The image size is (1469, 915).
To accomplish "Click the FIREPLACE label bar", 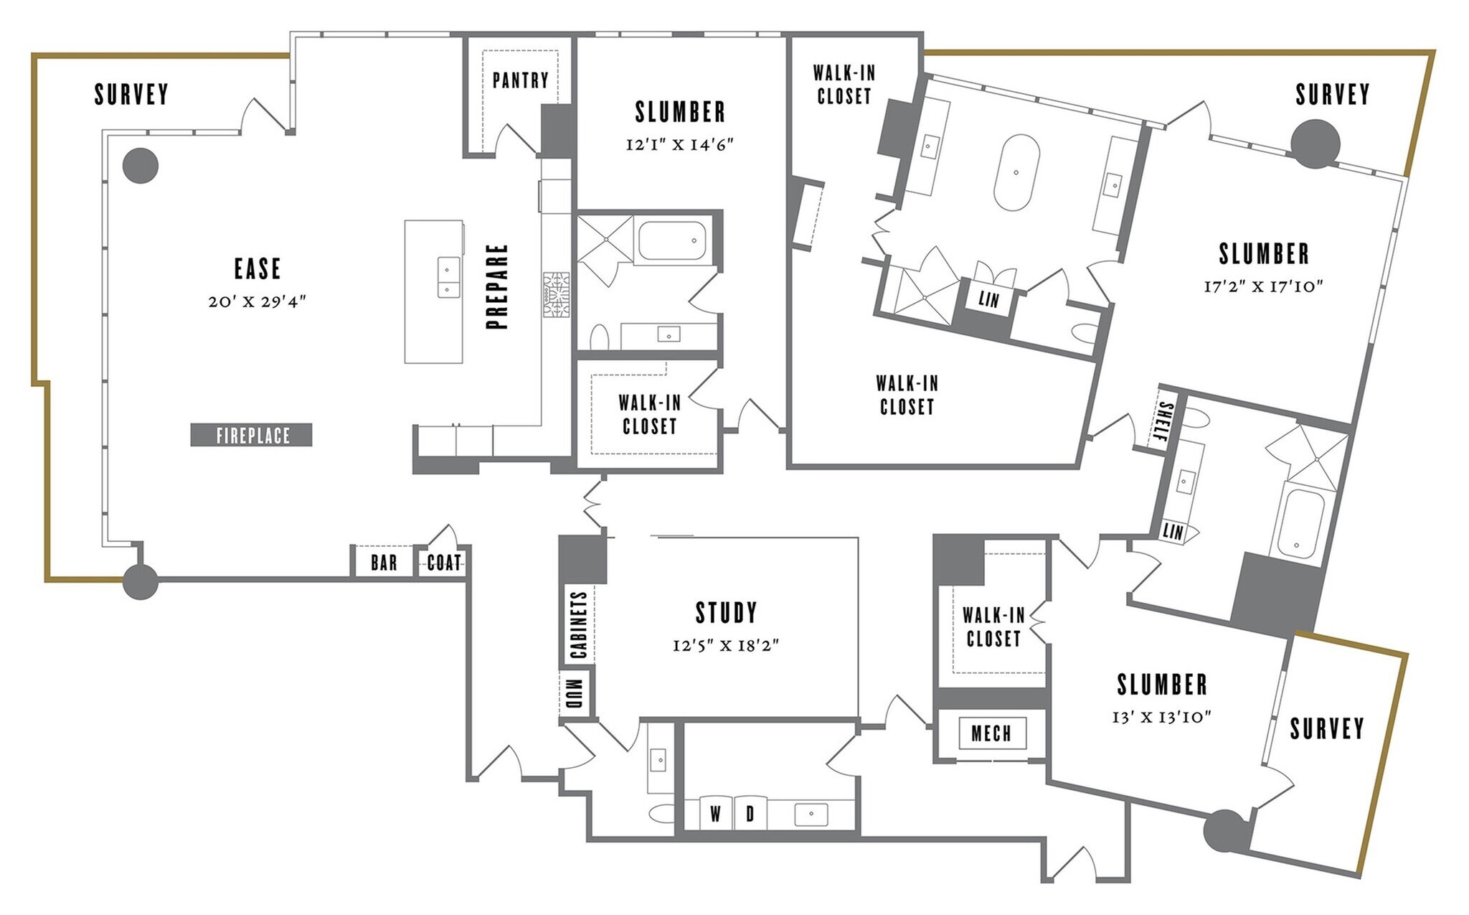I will click(x=251, y=435).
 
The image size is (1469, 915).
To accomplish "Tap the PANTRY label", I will click(x=521, y=80).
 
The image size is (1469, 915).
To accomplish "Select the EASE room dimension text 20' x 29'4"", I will click(x=258, y=302).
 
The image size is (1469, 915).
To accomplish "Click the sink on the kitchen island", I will click(x=448, y=277).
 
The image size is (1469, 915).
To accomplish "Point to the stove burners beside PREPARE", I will click(x=556, y=294).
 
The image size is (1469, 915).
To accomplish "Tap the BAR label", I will click(x=384, y=562).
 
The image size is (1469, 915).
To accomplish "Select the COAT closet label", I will click(x=443, y=562).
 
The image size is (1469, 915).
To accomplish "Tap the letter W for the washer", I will click(x=715, y=814).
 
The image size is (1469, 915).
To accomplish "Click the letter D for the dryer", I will click(x=750, y=814).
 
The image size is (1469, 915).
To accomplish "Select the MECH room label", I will click(x=991, y=733).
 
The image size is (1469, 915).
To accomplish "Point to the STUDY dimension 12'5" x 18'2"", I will click(x=726, y=645).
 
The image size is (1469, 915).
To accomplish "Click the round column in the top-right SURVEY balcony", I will click(x=1315, y=144).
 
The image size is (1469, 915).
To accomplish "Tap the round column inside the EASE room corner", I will click(x=140, y=166).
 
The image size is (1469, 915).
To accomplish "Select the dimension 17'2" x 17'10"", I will click(x=1263, y=286).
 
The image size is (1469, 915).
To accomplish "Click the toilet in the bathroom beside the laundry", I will click(x=661, y=813).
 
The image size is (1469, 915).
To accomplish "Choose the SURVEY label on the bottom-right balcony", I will click(x=1326, y=728).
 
